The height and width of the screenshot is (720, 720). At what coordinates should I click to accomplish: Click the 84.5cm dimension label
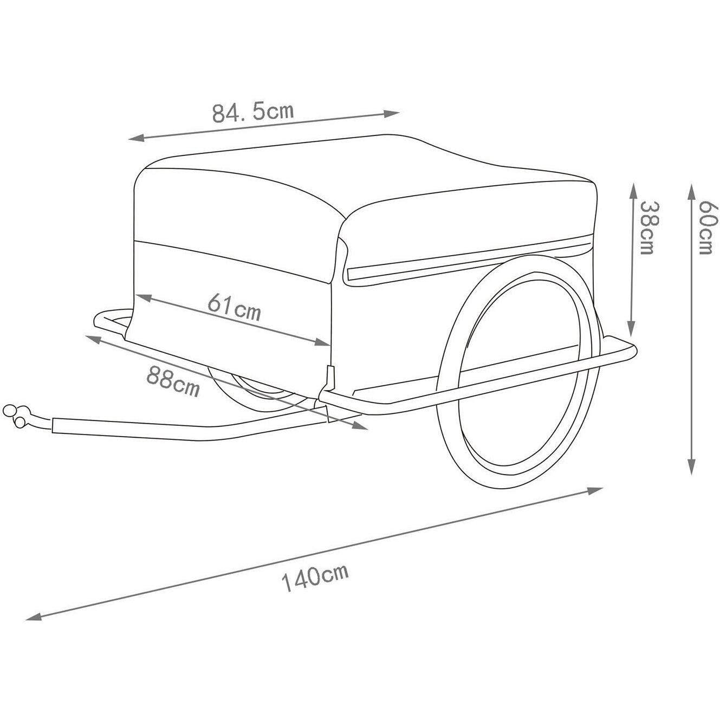(254, 112)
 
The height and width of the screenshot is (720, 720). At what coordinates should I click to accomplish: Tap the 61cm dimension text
(234, 308)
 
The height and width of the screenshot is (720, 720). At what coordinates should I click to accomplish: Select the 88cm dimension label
(173, 381)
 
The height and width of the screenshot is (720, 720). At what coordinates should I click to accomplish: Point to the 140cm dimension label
(315, 580)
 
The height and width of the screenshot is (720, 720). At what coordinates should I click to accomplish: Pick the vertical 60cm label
(709, 227)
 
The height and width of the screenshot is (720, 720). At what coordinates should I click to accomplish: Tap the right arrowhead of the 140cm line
(594, 490)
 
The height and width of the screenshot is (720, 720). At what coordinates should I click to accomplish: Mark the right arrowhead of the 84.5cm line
(391, 113)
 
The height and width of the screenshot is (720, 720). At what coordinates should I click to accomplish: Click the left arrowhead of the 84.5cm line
(138, 138)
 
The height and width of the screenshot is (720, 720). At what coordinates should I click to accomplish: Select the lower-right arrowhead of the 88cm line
(359, 426)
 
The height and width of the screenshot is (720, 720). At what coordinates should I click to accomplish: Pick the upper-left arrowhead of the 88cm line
(95, 339)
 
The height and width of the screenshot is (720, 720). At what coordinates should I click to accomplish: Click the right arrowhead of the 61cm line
(321, 341)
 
